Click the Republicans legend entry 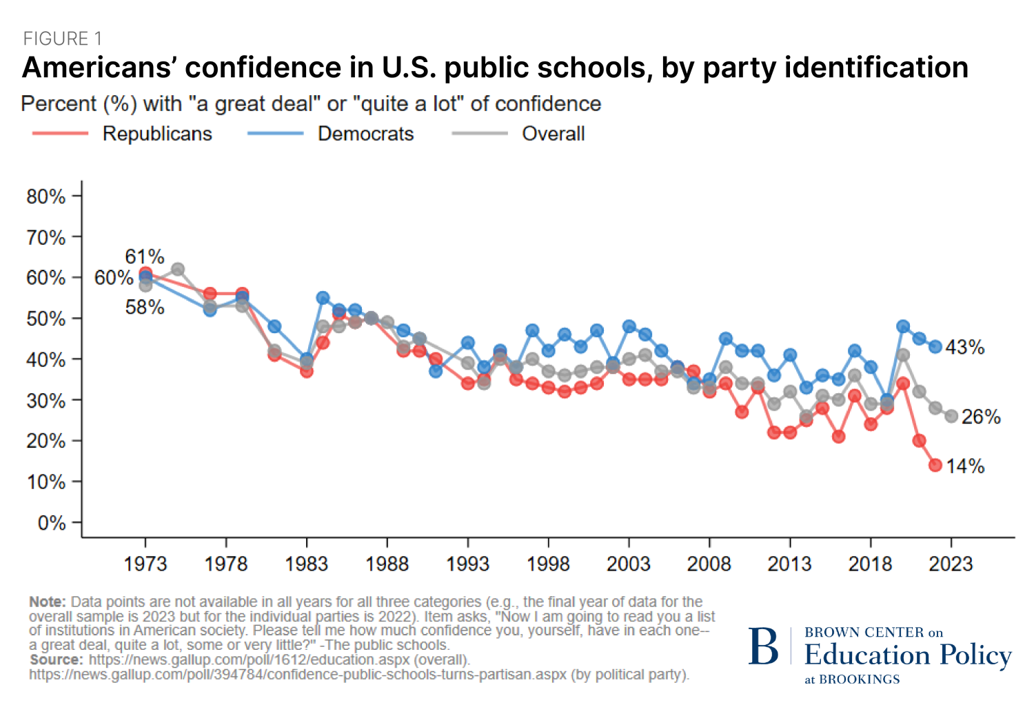click(x=157, y=133)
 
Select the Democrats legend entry click(x=365, y=133)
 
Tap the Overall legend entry click(x=553, y=133)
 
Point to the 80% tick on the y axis click(x=45, y=197)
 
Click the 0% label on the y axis click(x=52, y=523)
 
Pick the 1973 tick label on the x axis click(x=145, y=564)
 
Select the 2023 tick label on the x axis click(x=951, y=564)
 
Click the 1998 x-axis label click(x=548, y=564)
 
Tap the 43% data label click(x=964, y=347)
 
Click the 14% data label click(x=965, y=466)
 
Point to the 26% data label click(x=981, y=417)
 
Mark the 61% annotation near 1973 click(x=145, y=257)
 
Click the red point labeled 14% click(x=935, y=465)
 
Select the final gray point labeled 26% click(x=951, y=416)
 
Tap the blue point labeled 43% click(x=935, y=346)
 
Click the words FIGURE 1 click(x=63, y=39)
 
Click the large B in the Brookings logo click(x=764, y=647)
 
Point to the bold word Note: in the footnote click(x=48, y=602)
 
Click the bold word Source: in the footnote click(x=56, y=660)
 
